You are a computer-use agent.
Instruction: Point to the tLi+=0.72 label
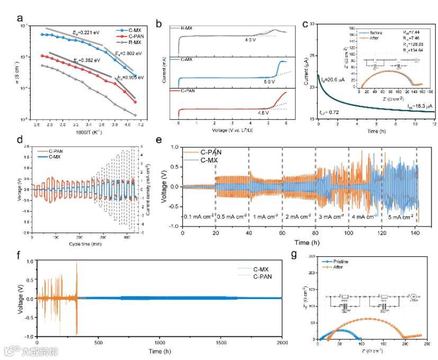pos(329,114)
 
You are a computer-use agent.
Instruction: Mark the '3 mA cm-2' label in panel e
pos(332,217)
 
